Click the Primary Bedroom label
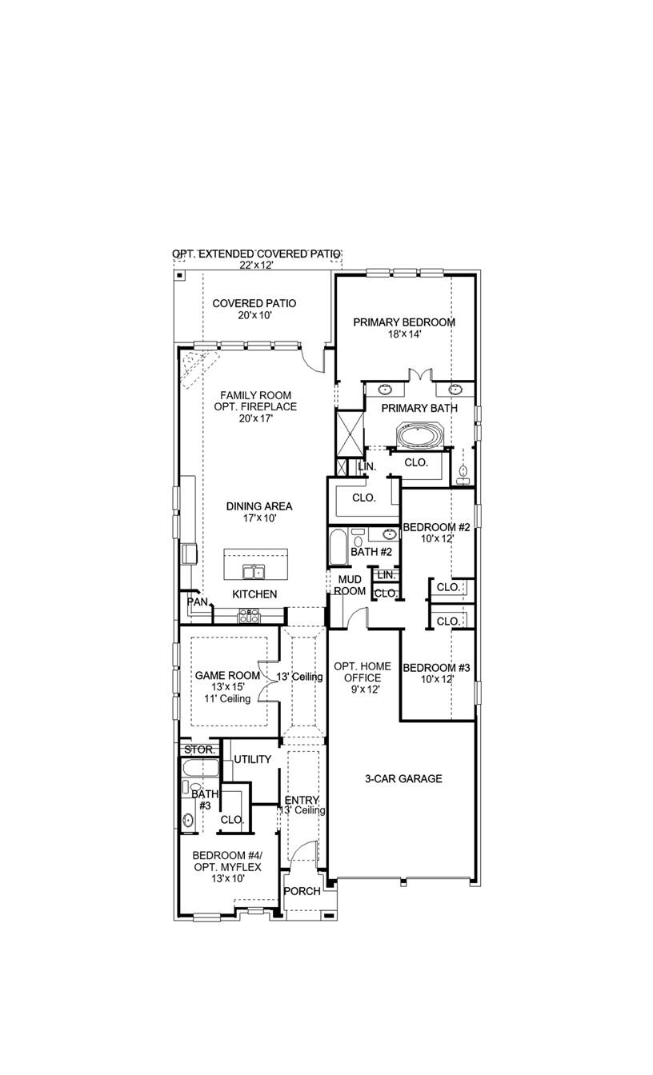click(404, 322)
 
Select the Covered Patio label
click(254, 304)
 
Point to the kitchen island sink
click(255, 571)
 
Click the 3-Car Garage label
click(403, 779)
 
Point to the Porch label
click(302, 891)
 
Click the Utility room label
click(252, 759)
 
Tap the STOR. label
click(198, 750)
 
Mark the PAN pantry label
click(197, 601)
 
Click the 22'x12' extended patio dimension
click(256, 265)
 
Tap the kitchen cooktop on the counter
click(249, 615)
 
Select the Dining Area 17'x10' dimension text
click(258, 518)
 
